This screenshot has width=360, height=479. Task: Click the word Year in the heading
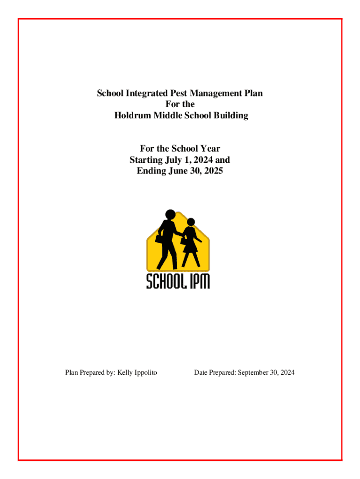[x=210, y=149]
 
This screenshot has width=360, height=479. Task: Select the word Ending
[x=151, y=171]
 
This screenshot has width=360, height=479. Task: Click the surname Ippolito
[x=143, y=373]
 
